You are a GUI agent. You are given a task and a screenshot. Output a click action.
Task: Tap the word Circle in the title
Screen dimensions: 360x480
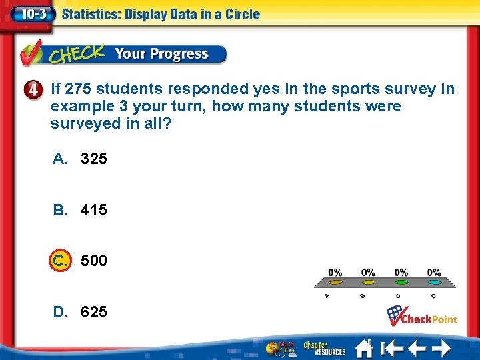(x=239, y=14)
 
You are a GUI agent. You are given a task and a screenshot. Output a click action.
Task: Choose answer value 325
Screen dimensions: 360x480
(x=93, y=159)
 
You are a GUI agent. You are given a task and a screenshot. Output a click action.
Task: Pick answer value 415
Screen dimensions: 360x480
(x=93, y=210)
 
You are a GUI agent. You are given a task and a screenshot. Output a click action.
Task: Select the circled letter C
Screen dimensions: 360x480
(x=59, y=260)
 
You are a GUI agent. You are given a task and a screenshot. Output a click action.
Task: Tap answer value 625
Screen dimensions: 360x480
(x=93, y=311)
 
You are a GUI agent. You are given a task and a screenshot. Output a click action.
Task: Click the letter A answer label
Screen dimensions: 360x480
(x=60, y=159)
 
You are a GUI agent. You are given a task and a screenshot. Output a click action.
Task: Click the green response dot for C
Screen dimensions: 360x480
(x=401, y=283)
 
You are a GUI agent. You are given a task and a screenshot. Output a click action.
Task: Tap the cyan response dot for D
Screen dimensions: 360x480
(x=434, y=283)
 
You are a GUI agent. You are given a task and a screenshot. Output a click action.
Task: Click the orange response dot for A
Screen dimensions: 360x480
(x=335, y=283)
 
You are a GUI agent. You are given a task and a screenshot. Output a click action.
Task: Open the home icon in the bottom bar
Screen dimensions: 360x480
(x=363, y=348)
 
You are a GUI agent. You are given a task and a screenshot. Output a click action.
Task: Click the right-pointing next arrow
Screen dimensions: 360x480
(x=441, y=348)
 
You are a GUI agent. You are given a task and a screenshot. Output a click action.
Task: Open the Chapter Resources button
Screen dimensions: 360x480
(x=325, y=348)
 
